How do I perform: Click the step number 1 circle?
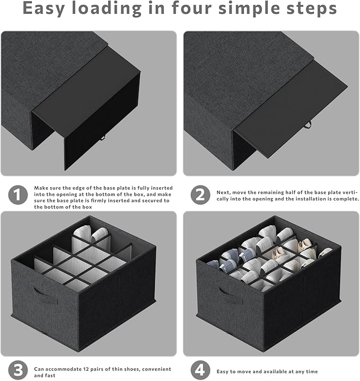pyautogui.click(x=18, y=195)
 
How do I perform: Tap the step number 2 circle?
pyautogui.click(x=200, y=195)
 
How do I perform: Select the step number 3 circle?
pyautogui.click(x=18, y=370)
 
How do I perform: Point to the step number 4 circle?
pyautogui.click(x=200, y=370)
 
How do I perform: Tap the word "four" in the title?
pyautogui.click(x=192, y=8)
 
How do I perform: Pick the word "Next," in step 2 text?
pyautogui.click(x=223, y=192)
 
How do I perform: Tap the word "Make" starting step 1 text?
pyautogui.click(x=40, y=188)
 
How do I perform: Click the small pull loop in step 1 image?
pyautogui.click(x=102, y=138)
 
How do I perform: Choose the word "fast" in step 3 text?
pyautogui.click(x=50, y=375)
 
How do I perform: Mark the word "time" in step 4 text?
pyautogui.click(x=312, y=371)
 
